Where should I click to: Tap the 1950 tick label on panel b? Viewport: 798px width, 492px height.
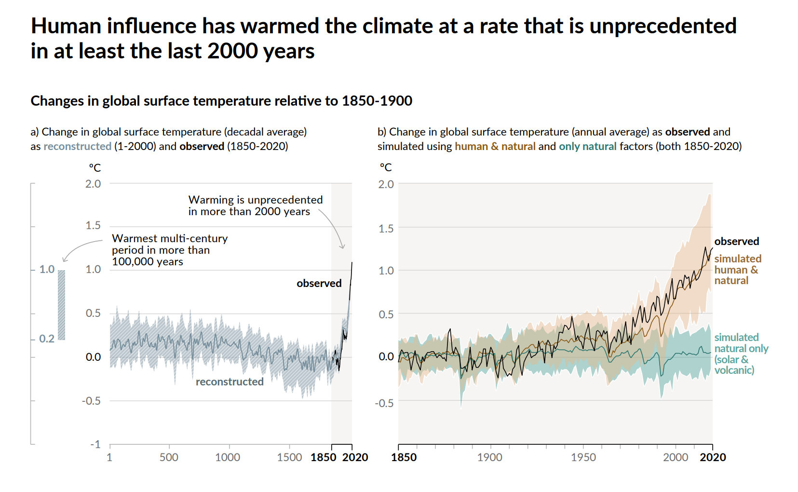click(583, 457)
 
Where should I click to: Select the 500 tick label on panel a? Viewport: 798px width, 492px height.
click(169, 457)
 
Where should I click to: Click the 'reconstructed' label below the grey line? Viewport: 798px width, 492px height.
click(230, 382)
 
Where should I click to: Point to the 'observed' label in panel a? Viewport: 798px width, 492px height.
click(319, 283)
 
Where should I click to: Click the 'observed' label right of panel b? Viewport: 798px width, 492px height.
click(736, 241)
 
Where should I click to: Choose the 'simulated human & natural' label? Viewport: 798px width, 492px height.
click(737, 270)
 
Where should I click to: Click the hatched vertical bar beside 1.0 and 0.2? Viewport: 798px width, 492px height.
click(61, 305)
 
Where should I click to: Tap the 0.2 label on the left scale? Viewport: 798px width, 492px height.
click(47, 339)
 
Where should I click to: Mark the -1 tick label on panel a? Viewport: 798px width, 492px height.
click(95, 444)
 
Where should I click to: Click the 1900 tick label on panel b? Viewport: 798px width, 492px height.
click(490, 457)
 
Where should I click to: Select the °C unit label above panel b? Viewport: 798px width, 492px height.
click(386, 167)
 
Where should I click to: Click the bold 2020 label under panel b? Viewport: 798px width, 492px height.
click(713, 457)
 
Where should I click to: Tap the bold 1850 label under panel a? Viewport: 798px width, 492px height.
click(323, 457)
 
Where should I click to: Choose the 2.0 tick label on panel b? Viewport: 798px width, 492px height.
click(386, 184)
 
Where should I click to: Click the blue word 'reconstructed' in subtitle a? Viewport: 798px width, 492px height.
click(77, 146)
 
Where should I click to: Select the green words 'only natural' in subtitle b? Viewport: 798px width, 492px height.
click(587, 146)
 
